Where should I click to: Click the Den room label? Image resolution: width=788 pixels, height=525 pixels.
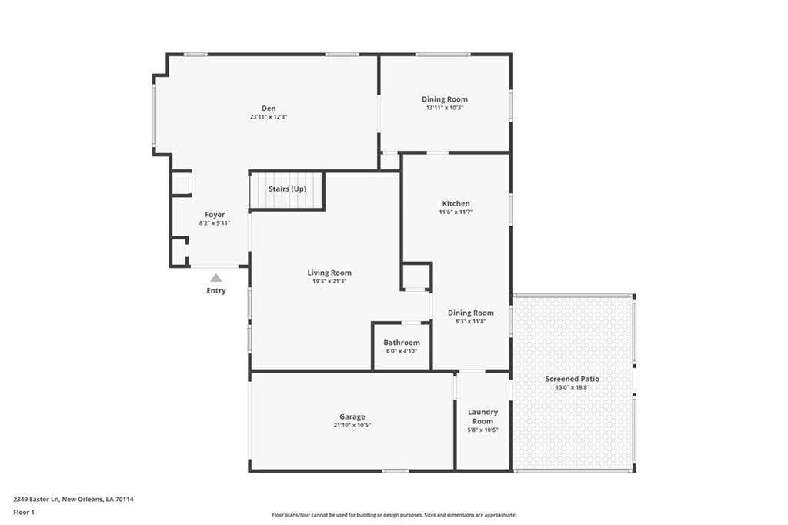tap(269, 108)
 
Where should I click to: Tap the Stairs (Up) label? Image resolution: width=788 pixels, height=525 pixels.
tap(287, 189)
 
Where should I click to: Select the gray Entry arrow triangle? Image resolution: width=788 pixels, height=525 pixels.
tap(216, 278)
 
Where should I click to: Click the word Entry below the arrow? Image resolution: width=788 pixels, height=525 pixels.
tap(216, 291)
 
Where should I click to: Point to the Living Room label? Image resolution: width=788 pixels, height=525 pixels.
tap(329, 273)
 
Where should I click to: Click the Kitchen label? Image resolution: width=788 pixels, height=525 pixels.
tap(456, 204)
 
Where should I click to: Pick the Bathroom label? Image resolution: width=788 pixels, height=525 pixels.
tap(402, 343)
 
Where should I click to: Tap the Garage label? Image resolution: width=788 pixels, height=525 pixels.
tap(352, 416)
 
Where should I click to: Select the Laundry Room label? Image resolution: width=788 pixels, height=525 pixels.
tap(483, 416)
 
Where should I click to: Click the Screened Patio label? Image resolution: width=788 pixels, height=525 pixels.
tap(573, 379)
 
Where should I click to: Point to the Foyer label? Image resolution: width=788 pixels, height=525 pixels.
tap(215, 215)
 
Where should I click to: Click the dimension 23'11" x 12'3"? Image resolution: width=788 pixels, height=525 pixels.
tap(269, 117)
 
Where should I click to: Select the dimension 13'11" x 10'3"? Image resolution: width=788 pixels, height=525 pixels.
tap(444, 108)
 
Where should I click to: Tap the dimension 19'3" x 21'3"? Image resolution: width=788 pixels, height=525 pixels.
tap(329, 281)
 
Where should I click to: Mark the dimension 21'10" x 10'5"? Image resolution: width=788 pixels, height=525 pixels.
tap(352, 425)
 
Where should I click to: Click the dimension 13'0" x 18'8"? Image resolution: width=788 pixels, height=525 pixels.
tap(573, 387)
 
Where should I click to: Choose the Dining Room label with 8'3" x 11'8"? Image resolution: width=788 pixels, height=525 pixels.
tap(471, 313)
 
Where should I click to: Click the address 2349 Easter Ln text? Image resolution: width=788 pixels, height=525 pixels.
tap(37, 500)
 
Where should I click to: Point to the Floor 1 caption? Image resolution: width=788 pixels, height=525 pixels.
tap(24, 513)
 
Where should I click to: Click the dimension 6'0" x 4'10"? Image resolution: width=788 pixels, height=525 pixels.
tap(402, 351)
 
